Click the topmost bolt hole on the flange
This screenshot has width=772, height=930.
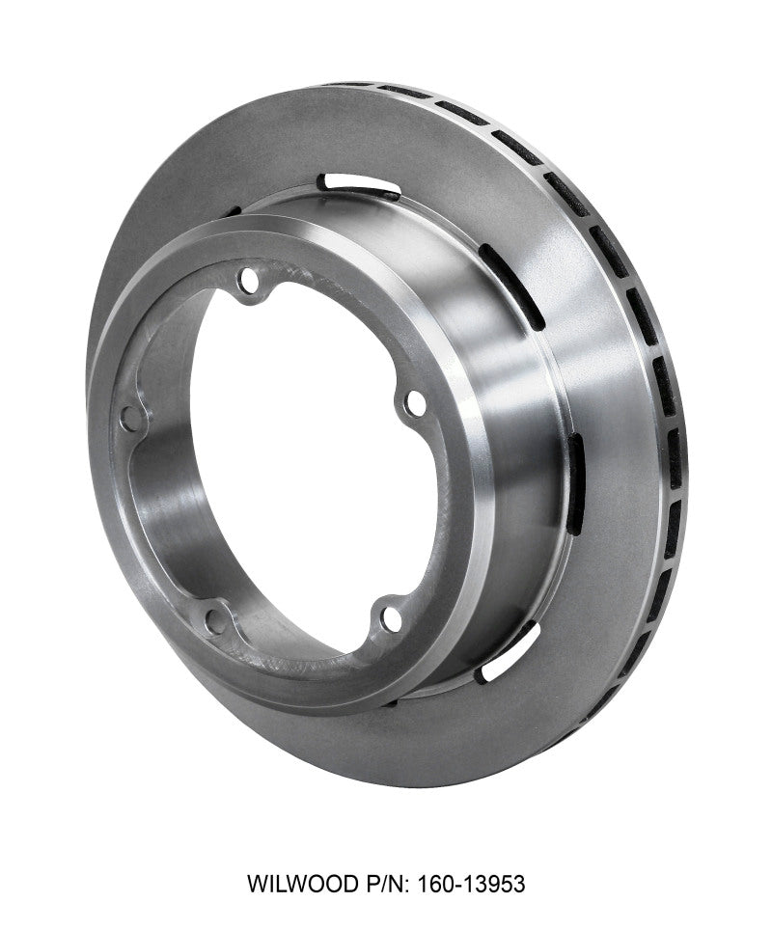point(254,286)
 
